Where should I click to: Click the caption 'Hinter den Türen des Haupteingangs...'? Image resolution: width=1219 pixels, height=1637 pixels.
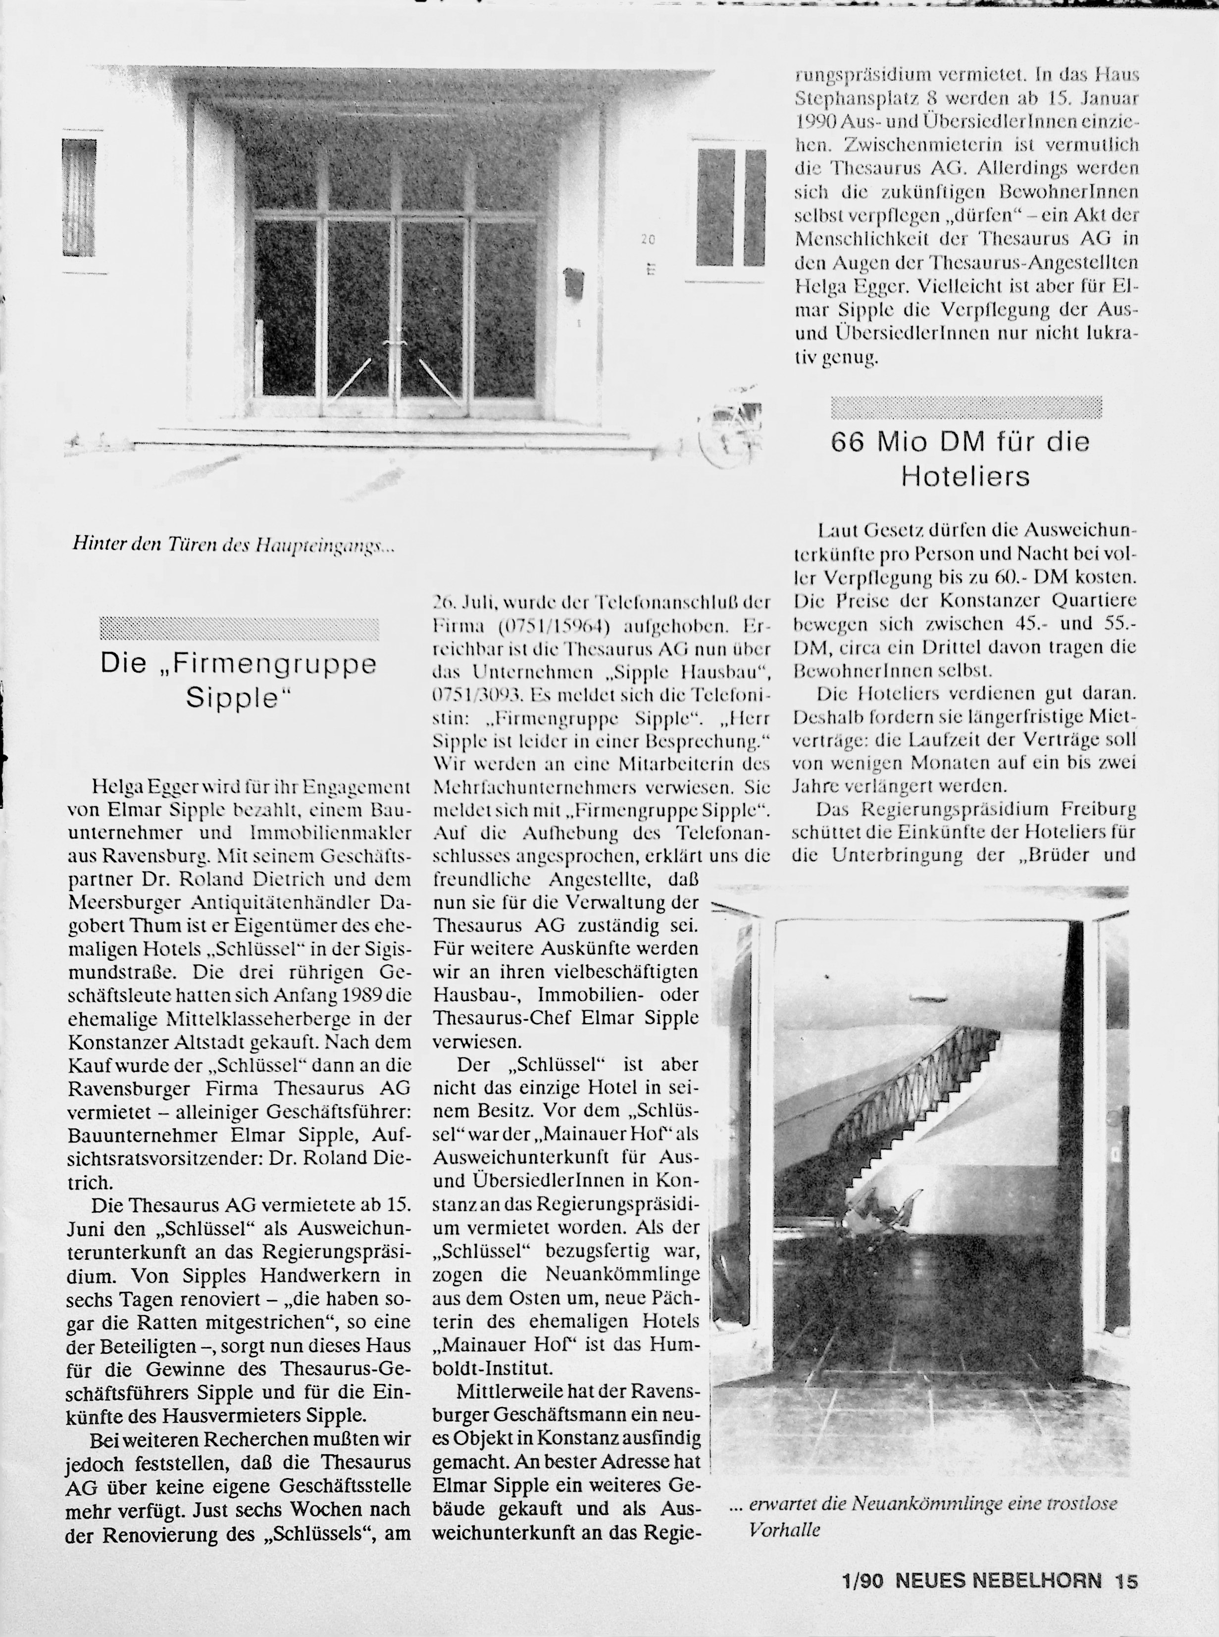pyautogui.click(x=234, y=545)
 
